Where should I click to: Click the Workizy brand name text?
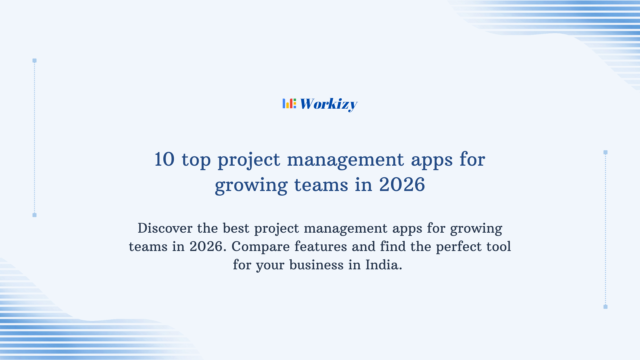(328, 104)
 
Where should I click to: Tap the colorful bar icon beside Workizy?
(289, 103)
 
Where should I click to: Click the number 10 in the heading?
(164, 159)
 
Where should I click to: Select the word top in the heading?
(196, 160)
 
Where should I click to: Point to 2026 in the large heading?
(402, 185)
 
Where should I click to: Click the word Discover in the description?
(165, 228)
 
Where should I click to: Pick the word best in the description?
(236, 228)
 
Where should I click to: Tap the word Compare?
(260, 247)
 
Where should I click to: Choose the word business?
(316, 265)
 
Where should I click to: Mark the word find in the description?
(393, 247)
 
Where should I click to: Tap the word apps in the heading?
(432, 160)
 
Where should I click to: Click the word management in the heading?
(345, 160)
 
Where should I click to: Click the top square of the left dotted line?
(34, 61)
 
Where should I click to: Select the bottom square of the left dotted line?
(34, 215)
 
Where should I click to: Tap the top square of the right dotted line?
(605, 152)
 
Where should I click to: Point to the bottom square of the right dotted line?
(605, 307)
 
